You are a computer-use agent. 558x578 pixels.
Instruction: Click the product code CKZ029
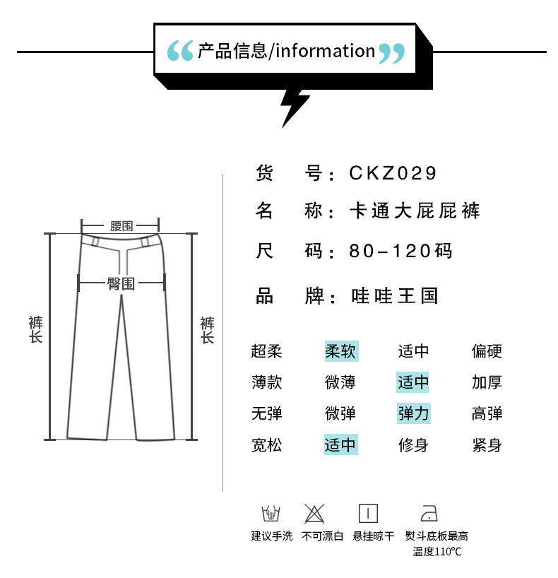point(393,173)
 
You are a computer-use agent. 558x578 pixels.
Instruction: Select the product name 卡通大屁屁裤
point(415,211)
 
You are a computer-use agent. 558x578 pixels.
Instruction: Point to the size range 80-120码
point(400,252)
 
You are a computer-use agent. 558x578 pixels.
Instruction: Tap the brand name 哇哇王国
point(395,295)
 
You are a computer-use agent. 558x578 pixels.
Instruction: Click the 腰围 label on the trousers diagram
point(121,226)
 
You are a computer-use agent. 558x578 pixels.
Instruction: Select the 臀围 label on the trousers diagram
point(121,283)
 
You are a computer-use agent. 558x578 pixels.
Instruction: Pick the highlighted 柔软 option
point(341,351)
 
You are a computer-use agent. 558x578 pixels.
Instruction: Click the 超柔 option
point(266,351)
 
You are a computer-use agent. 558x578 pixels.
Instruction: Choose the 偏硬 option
point(487,351)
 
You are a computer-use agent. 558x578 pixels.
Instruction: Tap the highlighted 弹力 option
point(413,413)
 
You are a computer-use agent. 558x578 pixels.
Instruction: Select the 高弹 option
point(487,413)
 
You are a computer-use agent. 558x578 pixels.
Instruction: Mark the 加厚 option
point(487,382)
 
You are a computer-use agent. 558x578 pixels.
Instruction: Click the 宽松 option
point(266,445)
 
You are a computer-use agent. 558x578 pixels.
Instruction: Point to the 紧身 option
point(487,445)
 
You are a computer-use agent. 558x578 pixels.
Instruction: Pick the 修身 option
point(413,445)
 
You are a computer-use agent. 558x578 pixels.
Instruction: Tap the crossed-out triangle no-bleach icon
point(314,513)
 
